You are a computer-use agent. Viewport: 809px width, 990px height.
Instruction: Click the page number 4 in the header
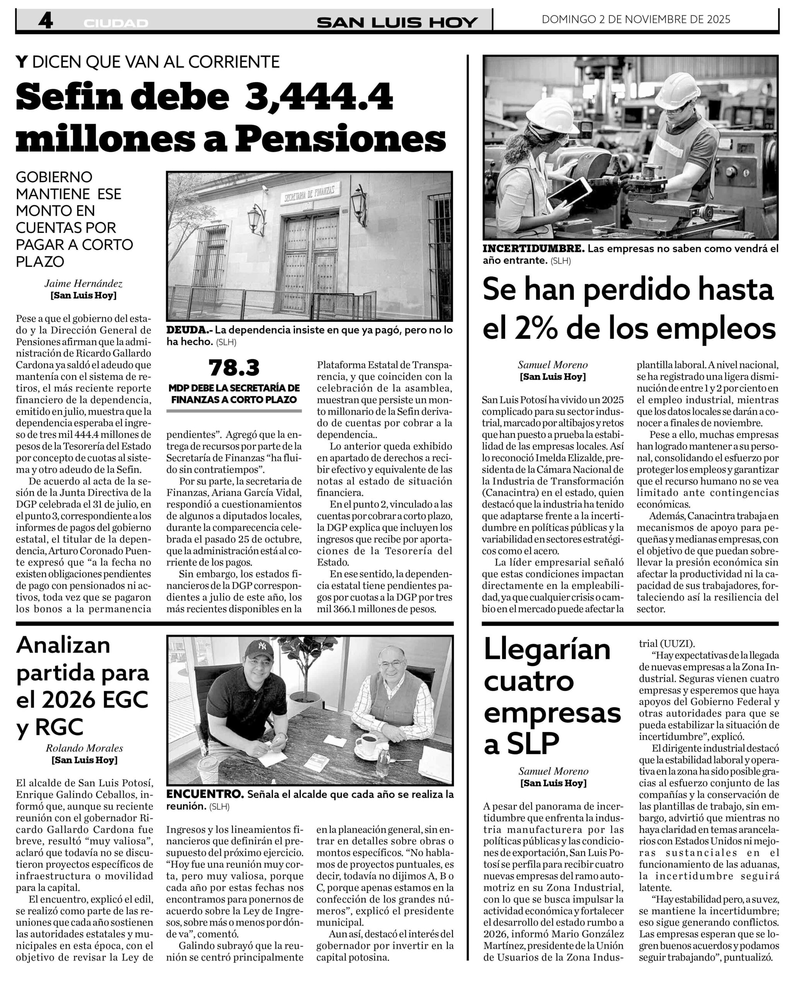(x=45, y=21)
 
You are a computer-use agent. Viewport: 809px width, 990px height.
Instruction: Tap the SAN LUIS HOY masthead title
(x=397, y=22)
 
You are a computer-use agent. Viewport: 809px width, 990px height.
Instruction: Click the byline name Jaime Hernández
(x=84, y=283)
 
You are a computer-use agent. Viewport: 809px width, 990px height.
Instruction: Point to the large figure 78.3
(x=234, y=368)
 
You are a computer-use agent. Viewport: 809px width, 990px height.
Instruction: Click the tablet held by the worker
(x=570, y=192)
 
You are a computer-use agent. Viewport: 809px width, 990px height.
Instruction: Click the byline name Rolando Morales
(x=84, y=748)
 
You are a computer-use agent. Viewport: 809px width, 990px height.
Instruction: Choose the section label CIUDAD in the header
(x=116, y=23)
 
